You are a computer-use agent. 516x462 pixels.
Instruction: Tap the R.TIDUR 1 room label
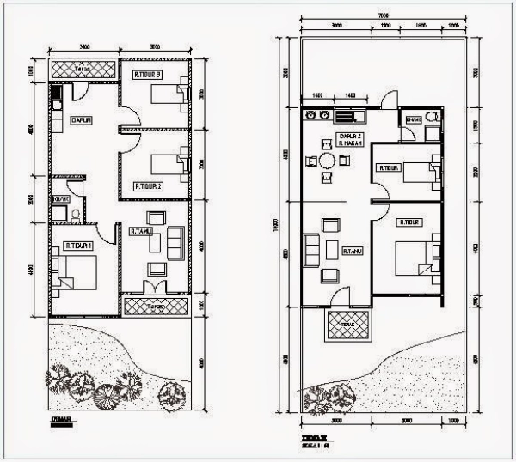tap(77, 246)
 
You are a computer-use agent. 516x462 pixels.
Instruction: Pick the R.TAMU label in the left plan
tap(140, 231)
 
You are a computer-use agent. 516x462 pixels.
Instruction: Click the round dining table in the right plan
tap(328, 161)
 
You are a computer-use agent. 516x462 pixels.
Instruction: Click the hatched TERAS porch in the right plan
tap(347, 326)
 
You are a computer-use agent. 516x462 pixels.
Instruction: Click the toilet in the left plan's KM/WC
tap(75, 213)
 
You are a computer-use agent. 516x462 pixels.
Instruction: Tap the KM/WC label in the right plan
tap(414, 119)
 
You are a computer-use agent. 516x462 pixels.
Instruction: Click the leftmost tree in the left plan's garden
tap(60, 377)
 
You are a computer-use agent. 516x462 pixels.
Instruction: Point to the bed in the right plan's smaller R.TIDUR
tap(421, 173)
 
